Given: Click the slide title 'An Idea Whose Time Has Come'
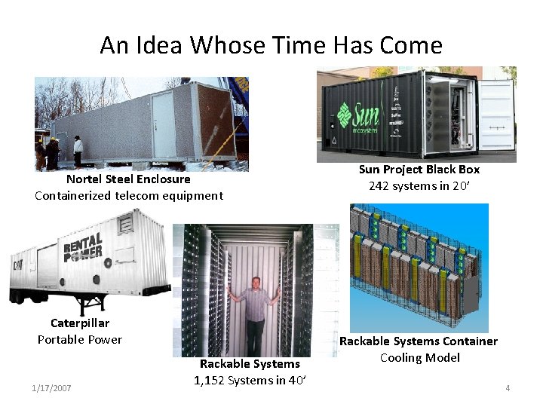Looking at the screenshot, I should point(271,45).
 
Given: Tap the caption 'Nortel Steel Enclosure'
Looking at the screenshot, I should point(128,179).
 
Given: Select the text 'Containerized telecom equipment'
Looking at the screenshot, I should point(129,196).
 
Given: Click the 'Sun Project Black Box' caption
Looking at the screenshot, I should point(419,170).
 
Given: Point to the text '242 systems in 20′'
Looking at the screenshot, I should point(419,186).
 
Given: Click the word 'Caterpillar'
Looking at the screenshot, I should point(80,323).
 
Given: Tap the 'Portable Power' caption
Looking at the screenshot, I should point(80,339).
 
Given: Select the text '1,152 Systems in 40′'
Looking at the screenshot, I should point(250,381).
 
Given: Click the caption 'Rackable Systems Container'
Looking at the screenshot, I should point(419,341).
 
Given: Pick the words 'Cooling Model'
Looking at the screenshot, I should point(419,358).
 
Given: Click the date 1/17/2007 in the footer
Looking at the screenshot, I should point(52,388).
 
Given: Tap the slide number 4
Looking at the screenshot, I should point(508,388).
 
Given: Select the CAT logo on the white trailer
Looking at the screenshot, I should point(17,265).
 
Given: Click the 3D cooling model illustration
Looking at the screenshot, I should point(419,268).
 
